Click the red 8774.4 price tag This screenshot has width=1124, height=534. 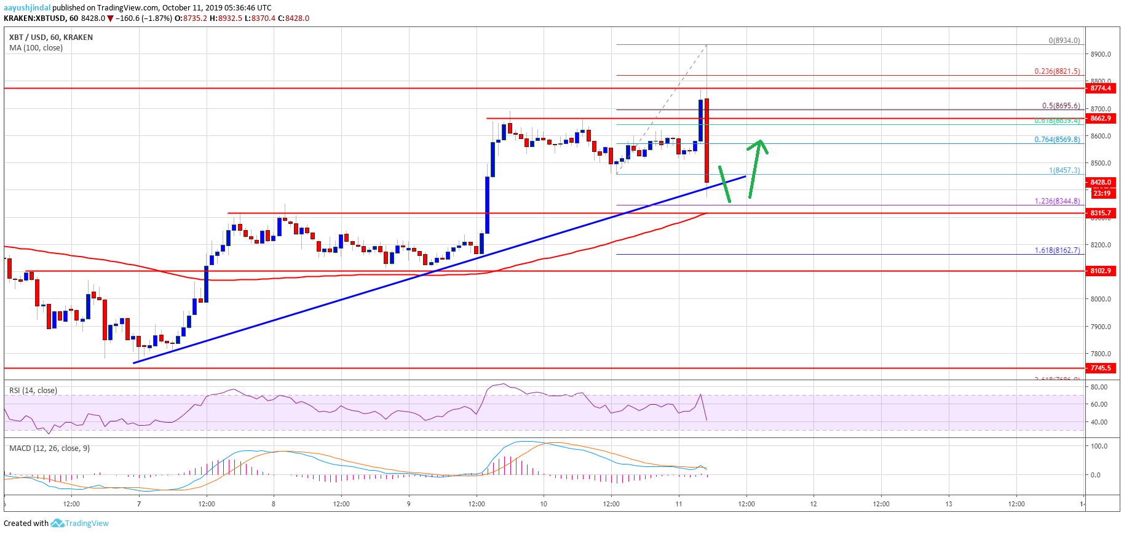[1101, 89]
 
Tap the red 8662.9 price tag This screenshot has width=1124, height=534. [1101, 118]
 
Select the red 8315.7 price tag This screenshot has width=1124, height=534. [1101, 213]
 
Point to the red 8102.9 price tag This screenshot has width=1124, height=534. [1101, 271]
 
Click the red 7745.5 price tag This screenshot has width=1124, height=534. [1101, 368]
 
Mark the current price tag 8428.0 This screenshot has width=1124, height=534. [1101, 182]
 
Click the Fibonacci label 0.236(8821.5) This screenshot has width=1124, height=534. [1056, 71]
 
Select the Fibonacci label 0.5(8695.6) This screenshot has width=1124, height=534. [1060, 106]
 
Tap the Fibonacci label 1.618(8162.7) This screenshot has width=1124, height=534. [1056, 250]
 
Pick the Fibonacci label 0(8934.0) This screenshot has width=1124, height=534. [1064, 41]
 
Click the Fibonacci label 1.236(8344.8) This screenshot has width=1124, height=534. [1056, 201]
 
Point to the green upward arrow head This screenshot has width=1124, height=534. [760, 143]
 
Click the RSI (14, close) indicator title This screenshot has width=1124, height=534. [33, 391]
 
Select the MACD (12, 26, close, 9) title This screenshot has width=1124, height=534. [49, 448]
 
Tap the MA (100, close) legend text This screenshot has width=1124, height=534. [36, 48]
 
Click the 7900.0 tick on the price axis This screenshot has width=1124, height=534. [1101, 327]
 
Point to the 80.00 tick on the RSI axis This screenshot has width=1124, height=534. [1099, 387]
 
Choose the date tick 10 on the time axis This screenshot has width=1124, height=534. [544, 504]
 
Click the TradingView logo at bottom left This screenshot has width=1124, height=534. [80, 524]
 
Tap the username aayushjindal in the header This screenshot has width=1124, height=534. [27, 8]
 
